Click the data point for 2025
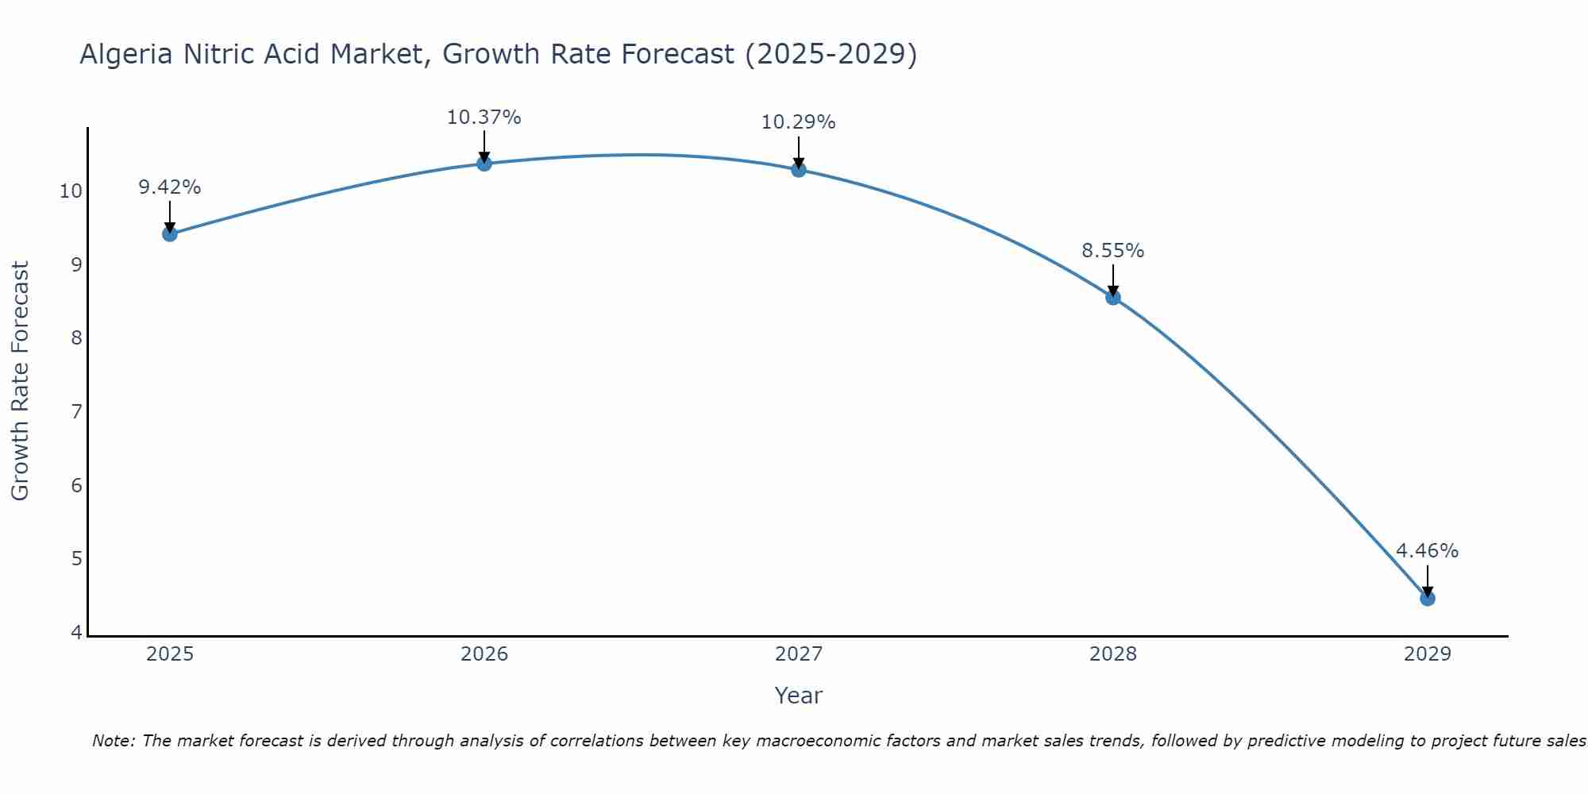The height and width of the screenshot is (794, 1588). coord(169,233)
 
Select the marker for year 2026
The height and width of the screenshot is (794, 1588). coord(484,164)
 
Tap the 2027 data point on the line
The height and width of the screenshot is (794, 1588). coord(798,169)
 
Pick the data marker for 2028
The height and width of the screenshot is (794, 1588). coord(1112,298)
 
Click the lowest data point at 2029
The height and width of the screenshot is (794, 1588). coord(1427,599)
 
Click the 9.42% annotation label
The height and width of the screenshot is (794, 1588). coord(169,187)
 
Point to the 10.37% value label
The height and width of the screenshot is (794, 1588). coord(484,118)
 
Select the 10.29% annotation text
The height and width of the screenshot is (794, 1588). coord(798,122)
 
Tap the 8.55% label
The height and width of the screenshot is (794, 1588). coord(1112,251)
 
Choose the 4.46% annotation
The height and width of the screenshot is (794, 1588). coord(1427,551)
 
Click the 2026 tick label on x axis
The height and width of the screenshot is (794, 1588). coord(484,654)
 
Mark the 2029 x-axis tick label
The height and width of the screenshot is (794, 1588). coord(1427,654)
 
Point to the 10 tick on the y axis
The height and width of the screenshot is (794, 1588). coord(71,191)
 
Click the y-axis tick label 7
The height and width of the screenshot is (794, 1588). coord(76,412)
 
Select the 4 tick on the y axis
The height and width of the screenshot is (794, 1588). coord(76,633)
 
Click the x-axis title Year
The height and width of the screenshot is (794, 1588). coord(798,696)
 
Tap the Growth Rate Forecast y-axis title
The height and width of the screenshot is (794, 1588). coord(20,381)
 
